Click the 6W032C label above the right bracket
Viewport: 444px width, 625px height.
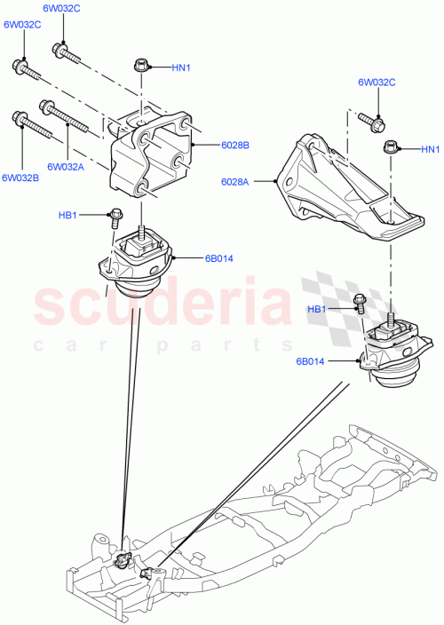click(377, 83)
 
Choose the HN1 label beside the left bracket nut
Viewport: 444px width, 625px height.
click(182, 67)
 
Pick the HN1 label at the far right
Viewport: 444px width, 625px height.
click(430, 148)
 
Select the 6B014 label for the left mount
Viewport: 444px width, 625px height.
click(218, 258)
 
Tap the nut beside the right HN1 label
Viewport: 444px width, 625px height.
click(392, 148)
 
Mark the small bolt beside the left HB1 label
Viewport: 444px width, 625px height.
click(115, 215)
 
